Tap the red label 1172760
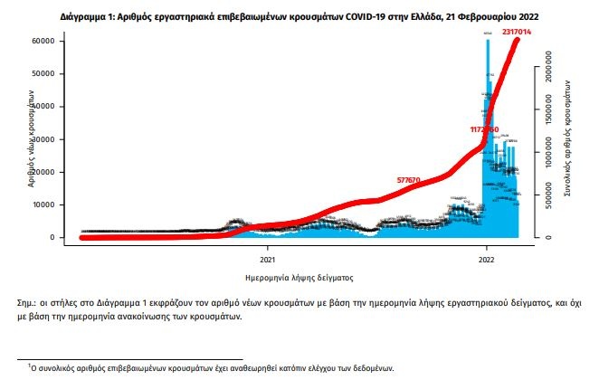pos(484,129)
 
